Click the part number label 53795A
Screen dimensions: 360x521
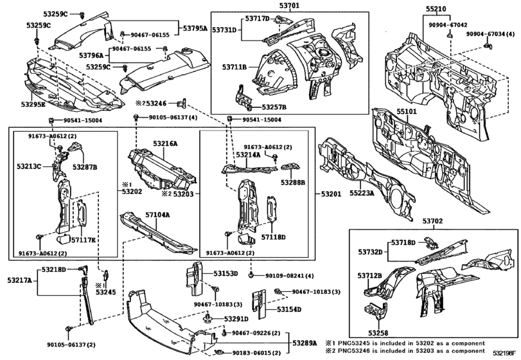(195, 28)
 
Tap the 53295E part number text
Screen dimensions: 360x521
(33, 104)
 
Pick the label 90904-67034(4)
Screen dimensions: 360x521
(491, 33)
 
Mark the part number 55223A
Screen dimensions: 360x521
(362, 192)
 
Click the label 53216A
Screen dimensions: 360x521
(165, 145)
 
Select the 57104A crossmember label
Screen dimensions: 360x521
(157, 215)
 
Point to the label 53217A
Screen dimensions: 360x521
(21, 280)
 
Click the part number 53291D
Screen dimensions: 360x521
(236, 318)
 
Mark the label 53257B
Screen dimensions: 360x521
(275, 107)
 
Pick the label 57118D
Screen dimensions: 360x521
(274, 237)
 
